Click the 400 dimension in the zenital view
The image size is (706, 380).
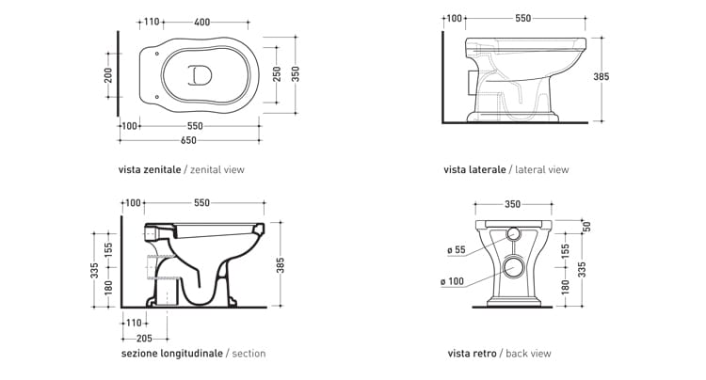click(202, 20)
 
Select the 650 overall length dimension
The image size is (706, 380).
click(189, 139)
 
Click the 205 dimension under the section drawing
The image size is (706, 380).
click(144, 337)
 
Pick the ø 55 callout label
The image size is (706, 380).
click(456, 250)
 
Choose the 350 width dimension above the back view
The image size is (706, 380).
click(513, 203)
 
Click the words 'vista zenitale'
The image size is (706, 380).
click(150, 170)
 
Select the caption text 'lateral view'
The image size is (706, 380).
click(541, 170)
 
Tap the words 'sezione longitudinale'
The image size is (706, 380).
click(172, 354)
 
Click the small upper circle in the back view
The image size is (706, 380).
click(513, 233)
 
